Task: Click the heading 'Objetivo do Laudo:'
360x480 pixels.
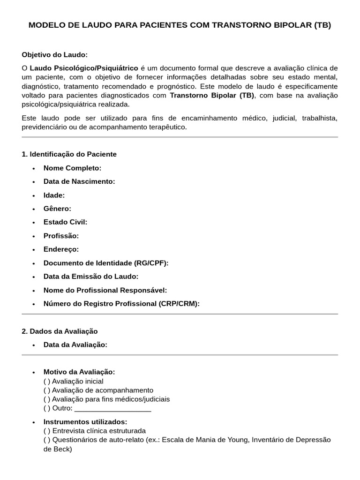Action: [55, 55]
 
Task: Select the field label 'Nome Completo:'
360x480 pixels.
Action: [72, 168]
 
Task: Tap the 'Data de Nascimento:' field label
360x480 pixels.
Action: [79, 181]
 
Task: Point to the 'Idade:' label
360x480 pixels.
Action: [54, 195]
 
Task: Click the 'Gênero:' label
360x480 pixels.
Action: [57, 209]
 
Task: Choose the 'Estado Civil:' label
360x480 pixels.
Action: [65, 222]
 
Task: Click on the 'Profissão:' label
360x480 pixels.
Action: [61, 236]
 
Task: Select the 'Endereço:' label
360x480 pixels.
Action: [61, 249]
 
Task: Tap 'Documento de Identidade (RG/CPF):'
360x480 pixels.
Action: [106, 263]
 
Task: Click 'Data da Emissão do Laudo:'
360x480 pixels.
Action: [91, 277]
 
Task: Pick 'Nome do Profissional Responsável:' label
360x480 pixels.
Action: [105, 290]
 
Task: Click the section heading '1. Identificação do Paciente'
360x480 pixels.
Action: [69, 154]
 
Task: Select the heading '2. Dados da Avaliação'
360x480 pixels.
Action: [60, 331]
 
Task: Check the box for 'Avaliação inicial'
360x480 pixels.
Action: [46, 382]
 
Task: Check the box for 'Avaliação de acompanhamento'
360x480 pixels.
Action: [46, 390]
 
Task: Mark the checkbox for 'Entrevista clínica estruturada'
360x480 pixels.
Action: [46, 431]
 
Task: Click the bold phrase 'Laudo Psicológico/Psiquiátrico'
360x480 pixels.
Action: [84, 68]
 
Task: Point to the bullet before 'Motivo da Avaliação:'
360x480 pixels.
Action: [34, 372]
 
